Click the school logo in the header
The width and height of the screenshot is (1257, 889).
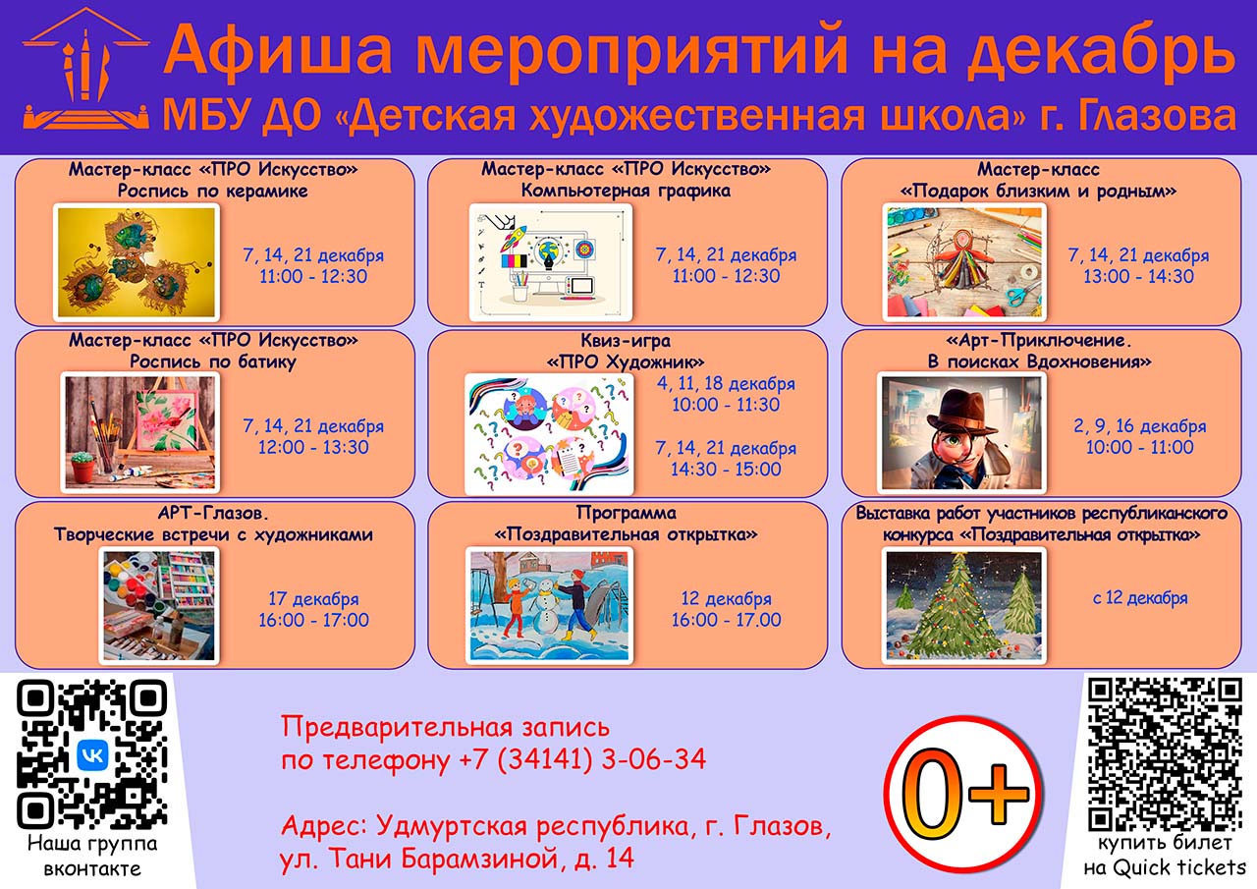click(85, 72)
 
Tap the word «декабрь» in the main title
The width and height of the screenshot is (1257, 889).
click(1101, 51)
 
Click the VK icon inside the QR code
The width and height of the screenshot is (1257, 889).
click(92, 755)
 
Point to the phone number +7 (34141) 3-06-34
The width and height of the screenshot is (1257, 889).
click(582, 760)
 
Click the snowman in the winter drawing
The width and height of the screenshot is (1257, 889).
click(544, 605)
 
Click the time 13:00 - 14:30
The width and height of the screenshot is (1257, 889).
click(1138, 277)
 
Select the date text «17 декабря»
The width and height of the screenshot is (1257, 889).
click(313, 599)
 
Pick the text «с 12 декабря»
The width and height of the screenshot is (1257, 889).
click(1140, 598)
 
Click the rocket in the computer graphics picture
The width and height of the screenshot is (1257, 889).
click(514, 239)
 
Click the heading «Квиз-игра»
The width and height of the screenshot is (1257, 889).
click(626, 341)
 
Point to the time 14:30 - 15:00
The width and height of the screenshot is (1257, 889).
click(726, 470)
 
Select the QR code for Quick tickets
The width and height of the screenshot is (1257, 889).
click(1165, 753)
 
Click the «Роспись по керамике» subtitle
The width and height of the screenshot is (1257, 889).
click(213, 192)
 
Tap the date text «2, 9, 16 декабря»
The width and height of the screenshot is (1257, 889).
click(1140, 426)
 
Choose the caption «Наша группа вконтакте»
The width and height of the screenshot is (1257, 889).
click(92, 857)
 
